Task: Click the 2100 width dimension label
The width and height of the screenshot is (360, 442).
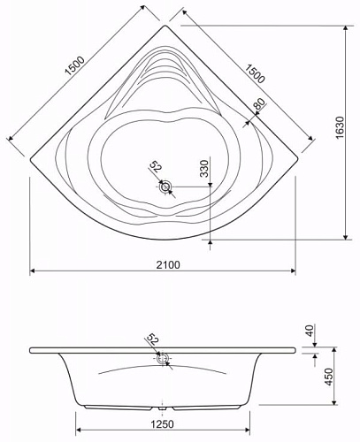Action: (x=167, y=264)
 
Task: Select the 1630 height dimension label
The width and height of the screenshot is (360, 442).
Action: (x=340, y=127)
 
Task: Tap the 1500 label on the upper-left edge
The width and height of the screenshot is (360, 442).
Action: (x=75, y=65)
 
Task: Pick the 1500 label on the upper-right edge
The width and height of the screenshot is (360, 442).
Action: (x=255, y=73)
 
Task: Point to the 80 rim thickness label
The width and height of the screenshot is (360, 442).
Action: (x=259, y=103)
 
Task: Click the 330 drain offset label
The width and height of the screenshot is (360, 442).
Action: (x=204, y=168)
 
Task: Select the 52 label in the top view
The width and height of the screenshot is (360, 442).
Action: (x=156, y=167)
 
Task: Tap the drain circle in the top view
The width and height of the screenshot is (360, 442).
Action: (x=165, y=187)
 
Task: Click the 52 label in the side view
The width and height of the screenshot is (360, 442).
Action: (x=152, y=339)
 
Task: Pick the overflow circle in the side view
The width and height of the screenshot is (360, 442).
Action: (x=162, y=359)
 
